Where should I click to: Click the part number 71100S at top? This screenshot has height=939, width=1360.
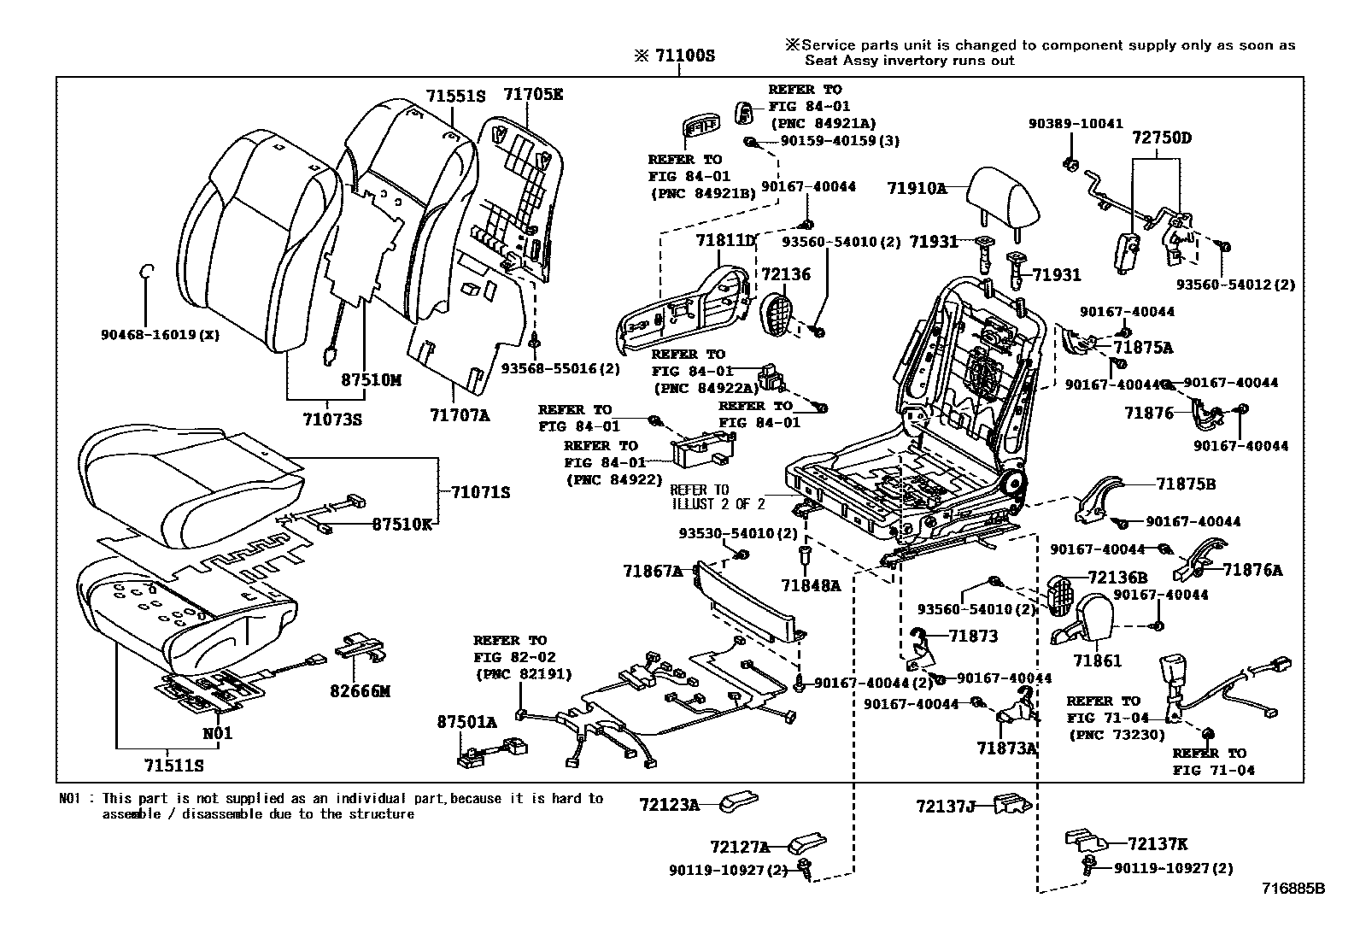pos(684,56)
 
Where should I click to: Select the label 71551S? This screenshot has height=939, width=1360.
pos(455,96)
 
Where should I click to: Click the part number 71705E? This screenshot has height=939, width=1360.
pos(533,95)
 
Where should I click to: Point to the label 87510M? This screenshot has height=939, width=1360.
pos(366,380)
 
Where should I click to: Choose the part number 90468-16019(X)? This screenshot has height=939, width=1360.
pos(160,336)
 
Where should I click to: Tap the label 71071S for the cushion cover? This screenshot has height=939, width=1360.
pos(480,492)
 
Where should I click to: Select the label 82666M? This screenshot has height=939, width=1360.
pos(361,691)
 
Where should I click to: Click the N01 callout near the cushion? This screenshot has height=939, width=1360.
pos(217,733)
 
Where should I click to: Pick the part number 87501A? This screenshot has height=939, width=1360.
pos(466,722)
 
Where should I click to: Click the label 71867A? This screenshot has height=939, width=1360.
pos(653,571)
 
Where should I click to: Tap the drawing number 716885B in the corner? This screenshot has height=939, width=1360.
pos(1293,889)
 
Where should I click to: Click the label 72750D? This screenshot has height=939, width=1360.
pos(1161,138)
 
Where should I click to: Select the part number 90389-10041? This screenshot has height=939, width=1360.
pos(1076,124)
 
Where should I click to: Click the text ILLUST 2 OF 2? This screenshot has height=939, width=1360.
pos(718,504)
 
